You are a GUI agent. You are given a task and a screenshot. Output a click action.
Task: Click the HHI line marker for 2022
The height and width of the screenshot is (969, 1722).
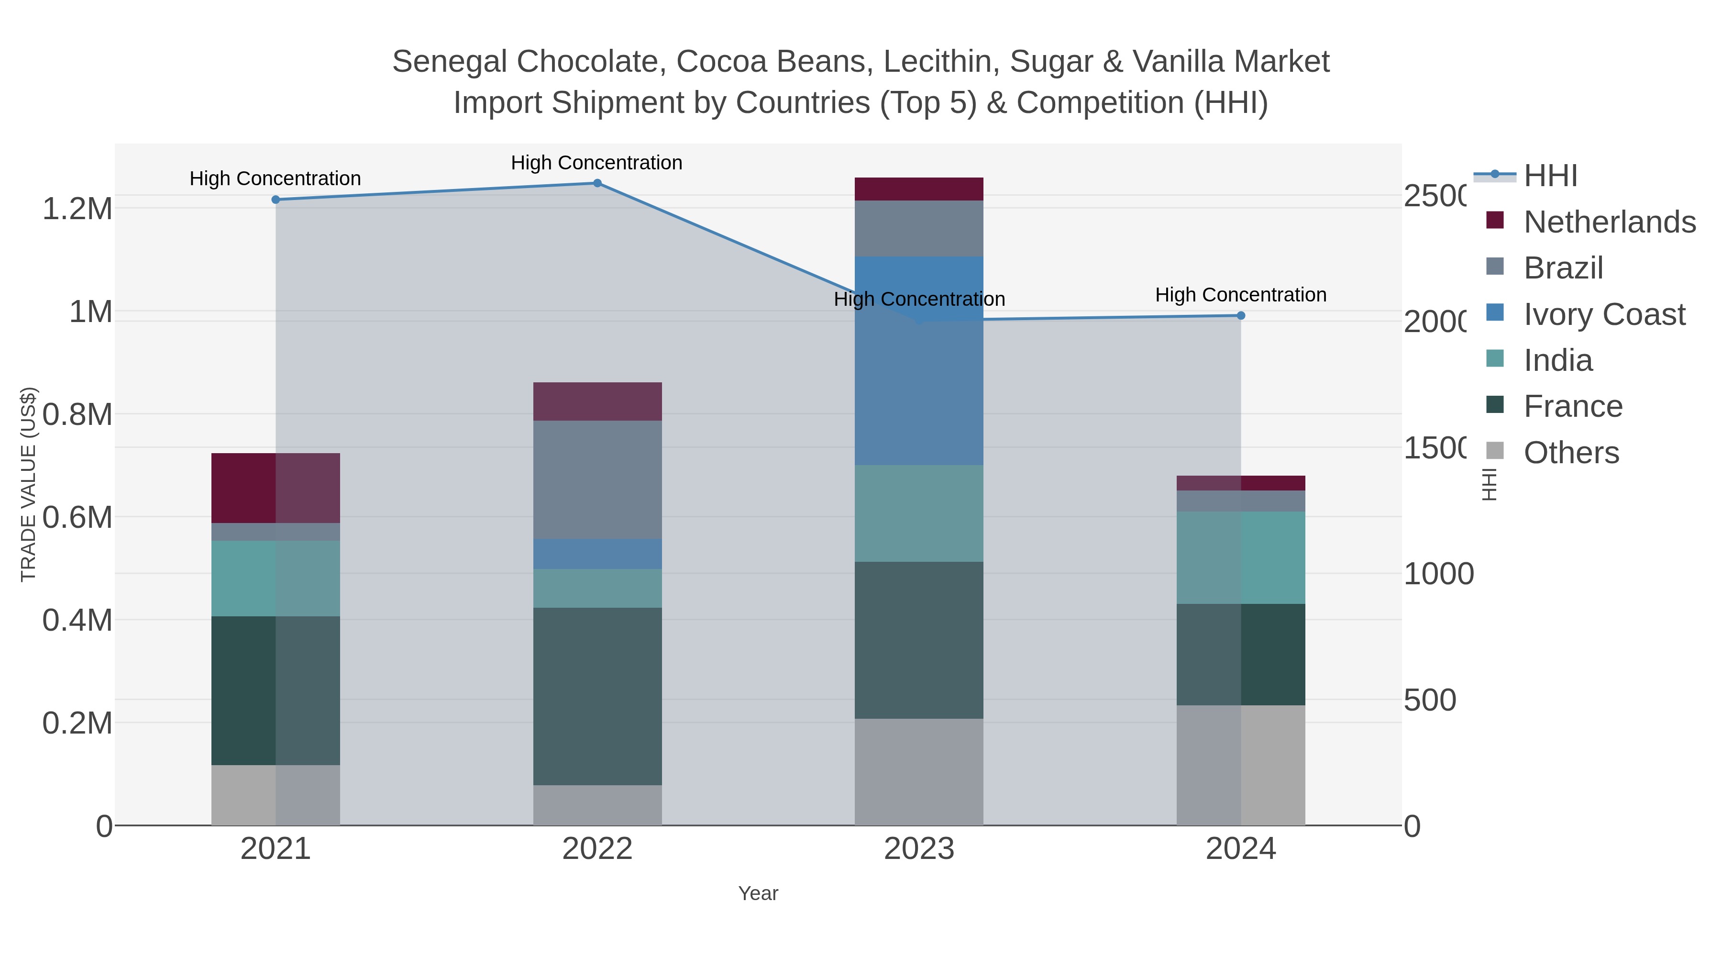[x=597, y=183]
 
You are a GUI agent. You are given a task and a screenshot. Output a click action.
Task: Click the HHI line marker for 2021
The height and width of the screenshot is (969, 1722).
[x=276, y=199]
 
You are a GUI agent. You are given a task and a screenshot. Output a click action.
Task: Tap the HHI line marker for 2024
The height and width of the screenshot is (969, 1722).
[x=1241, y=316]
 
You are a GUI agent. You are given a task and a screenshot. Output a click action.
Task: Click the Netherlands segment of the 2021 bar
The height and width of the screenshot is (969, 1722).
[x=276, y=488]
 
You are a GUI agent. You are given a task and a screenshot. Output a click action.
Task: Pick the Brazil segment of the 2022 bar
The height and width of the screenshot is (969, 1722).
[x=597, y=479]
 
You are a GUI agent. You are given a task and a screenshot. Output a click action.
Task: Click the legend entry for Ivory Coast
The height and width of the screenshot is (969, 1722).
[x=1604, y=314]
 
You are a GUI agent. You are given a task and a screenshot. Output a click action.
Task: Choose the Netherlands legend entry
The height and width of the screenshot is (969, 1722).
[x=1609, y=222]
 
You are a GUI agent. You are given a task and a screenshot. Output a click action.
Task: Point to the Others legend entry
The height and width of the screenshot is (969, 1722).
[x=1571, y=453]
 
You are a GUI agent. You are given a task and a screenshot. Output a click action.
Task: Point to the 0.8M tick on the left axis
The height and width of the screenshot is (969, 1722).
[x=77, y=414]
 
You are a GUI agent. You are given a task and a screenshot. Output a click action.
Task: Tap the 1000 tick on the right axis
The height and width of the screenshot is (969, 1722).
[x=1438, y=574]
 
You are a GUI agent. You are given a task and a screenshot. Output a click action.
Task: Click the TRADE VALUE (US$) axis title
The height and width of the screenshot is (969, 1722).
[x=28, y=484]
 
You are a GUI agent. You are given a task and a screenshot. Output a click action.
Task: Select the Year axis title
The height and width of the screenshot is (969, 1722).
[x=758, y=893]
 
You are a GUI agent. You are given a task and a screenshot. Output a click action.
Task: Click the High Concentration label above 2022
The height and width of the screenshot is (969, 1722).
[x=596, y=163]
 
